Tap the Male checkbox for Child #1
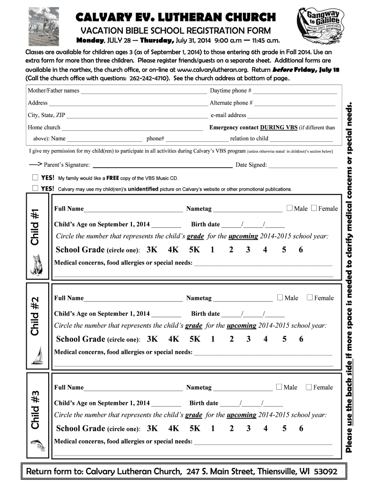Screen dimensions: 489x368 290,208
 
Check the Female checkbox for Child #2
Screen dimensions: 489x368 310,298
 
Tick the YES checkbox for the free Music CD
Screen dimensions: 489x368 35,178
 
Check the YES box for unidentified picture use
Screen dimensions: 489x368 35,188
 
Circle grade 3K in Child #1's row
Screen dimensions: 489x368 152,250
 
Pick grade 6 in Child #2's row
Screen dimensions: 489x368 301,339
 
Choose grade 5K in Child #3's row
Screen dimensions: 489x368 195,428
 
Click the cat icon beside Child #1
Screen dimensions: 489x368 37,264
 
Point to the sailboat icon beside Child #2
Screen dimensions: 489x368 38,354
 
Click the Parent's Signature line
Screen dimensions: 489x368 162,166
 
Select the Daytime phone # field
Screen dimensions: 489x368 295,91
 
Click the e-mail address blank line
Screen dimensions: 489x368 292,115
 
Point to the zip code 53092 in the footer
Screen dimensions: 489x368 325,472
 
